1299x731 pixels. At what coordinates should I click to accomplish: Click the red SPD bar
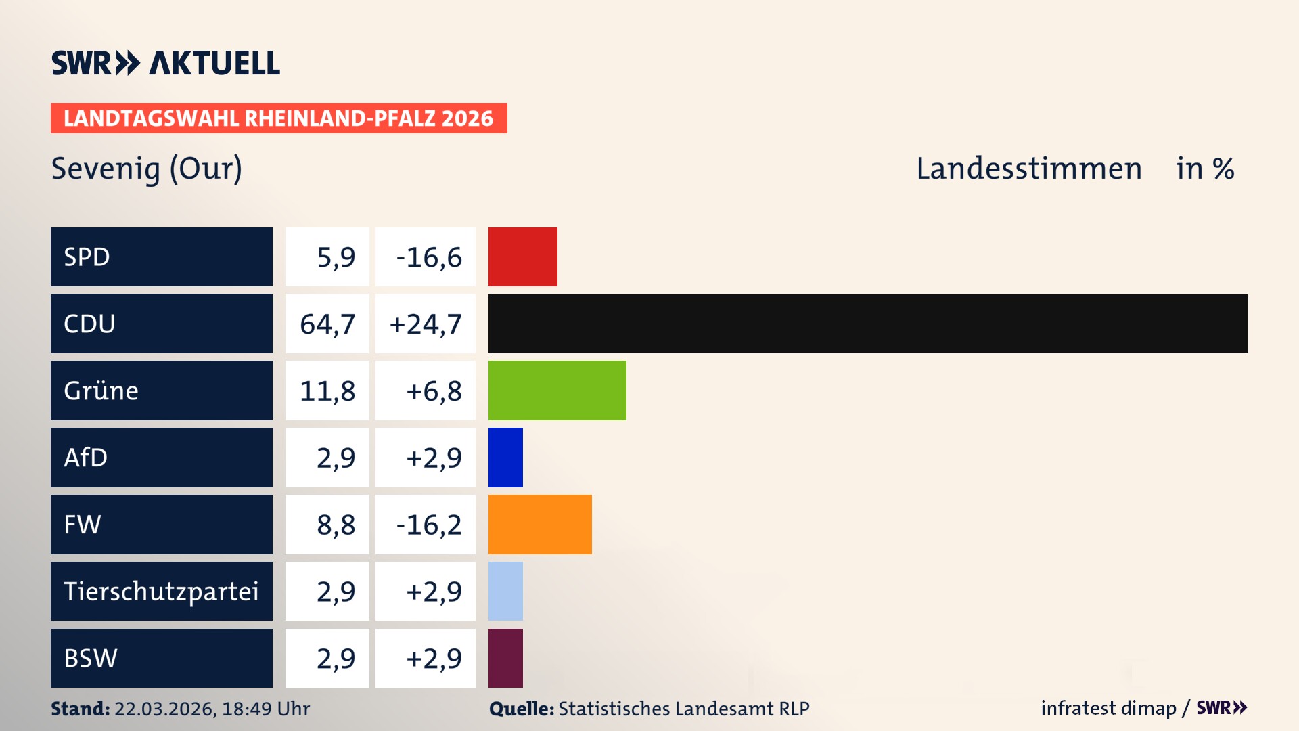point(522,257)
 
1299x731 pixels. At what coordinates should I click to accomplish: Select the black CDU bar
point(867,324)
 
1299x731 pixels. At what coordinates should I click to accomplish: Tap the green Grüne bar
point(557,391)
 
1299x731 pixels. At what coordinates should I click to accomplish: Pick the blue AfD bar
point(505,458)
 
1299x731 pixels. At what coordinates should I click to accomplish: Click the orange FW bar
point(539,525)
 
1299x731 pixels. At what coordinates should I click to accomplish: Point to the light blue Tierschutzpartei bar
point(505,591)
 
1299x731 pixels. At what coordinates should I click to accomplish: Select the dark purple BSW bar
point(505,658)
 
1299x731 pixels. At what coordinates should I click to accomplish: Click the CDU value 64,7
point(327,324)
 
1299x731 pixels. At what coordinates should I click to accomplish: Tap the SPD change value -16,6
point(428,257)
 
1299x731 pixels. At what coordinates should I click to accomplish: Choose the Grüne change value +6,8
point(433,391)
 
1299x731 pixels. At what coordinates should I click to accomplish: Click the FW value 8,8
point(336,525)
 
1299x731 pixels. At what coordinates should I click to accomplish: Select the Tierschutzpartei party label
point(161,592)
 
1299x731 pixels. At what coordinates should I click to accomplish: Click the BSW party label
point(91,658)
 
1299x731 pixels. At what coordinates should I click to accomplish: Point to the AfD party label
point(86,458)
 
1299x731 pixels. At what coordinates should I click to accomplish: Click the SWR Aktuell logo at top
point(165,63)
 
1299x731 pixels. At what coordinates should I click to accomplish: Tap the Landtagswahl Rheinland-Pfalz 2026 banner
point(279,118)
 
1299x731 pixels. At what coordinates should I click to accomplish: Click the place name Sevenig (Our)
point(147,169)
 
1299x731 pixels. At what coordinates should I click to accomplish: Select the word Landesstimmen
point(1028,169)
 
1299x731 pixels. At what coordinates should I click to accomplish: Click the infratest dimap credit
point(1108,708)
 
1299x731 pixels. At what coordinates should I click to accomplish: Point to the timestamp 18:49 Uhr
point(265,709)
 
